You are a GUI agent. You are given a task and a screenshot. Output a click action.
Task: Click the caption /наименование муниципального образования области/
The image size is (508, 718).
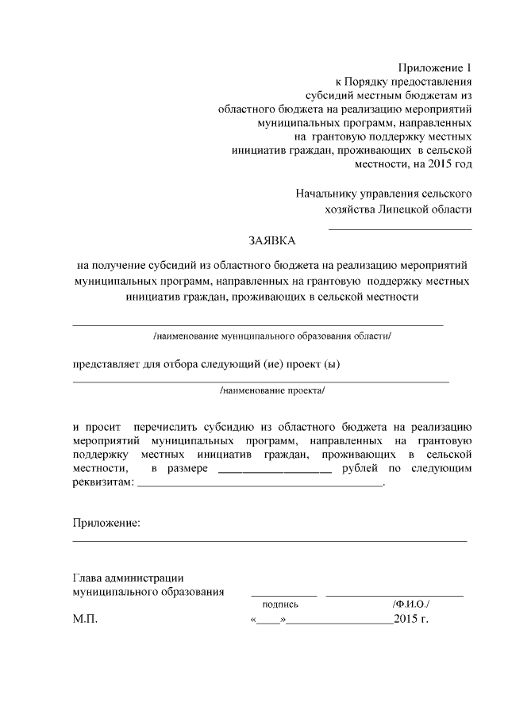click(x=272, y=336)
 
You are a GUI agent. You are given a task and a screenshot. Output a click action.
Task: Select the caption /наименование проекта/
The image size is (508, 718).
click(x=272, y=391)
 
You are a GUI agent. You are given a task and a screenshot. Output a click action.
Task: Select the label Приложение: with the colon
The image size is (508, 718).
click(x=106, y=524)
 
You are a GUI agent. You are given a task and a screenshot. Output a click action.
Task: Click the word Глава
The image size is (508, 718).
click(x=88, y=578)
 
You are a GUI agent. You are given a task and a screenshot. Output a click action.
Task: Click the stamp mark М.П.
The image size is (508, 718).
click(x=84, y=619)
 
